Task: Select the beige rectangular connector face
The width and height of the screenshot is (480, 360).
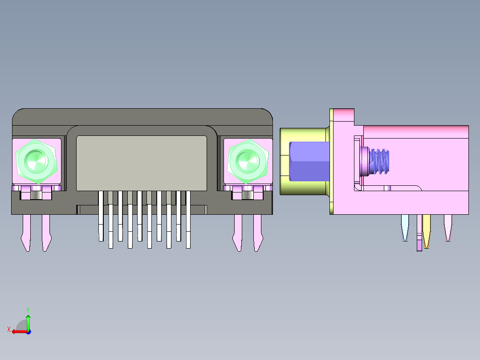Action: (142, 163)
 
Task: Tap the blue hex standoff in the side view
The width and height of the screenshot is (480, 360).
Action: (309, 161)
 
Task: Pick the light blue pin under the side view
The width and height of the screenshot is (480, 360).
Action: (405, 227)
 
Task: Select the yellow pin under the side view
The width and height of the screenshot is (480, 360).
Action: (427, 229)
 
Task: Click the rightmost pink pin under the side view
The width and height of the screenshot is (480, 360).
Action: (448, 227)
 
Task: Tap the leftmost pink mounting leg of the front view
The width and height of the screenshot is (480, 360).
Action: (26, 232)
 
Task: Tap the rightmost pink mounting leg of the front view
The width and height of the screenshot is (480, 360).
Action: (257, 232)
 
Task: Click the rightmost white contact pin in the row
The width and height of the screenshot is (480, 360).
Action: (188, 218)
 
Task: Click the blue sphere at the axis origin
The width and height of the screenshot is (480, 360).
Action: (28, 331)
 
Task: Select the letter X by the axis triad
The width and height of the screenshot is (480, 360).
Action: (9, 330)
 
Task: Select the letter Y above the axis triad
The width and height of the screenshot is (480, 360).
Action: (28, 309)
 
